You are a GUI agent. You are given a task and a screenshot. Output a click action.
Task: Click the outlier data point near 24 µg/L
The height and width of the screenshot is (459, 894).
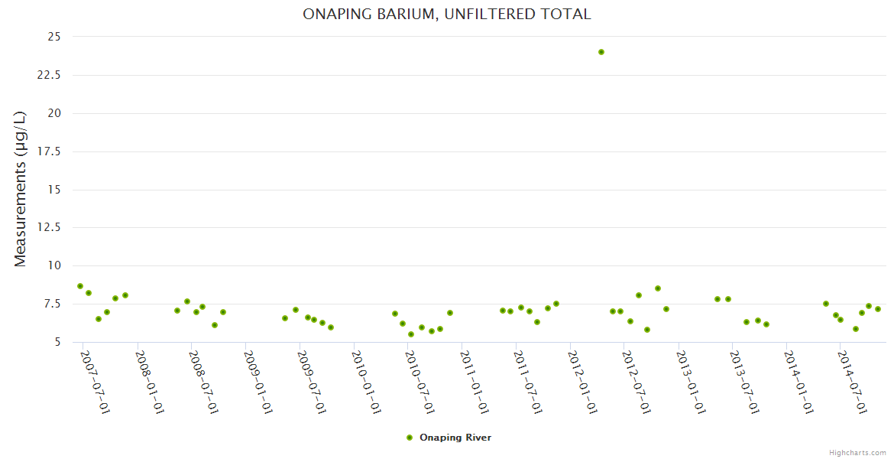[x=601, y=52]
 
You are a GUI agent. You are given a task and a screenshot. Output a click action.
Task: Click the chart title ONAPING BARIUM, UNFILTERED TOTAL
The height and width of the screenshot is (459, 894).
[x=446, y=14]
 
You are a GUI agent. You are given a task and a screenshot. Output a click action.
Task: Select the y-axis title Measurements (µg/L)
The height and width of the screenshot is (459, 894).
[x=21, y=189]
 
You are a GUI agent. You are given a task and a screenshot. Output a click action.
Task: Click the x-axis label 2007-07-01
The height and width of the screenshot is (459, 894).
[x=95, y=382]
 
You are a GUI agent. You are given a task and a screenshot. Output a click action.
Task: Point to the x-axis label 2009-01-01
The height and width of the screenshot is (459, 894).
[x=257, y=382]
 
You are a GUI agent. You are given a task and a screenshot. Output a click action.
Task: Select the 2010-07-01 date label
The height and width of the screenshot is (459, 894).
[x=419, y=382]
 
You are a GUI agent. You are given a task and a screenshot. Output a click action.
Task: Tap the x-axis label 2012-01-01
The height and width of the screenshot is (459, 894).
[x=582, y=382]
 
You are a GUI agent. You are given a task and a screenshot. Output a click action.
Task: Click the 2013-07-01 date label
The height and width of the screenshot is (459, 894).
[x=744, y=382]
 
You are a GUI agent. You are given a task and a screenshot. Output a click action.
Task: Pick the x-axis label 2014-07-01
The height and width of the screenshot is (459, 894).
[x=853, y=382]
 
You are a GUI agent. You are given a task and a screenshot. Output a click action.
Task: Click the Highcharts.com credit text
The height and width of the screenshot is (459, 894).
[x=857, y=453]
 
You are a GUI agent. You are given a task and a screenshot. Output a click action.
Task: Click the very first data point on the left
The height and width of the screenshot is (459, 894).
[x=80, y=286]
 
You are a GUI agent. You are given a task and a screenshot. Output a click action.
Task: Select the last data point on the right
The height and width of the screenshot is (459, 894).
[x=878, y=309]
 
